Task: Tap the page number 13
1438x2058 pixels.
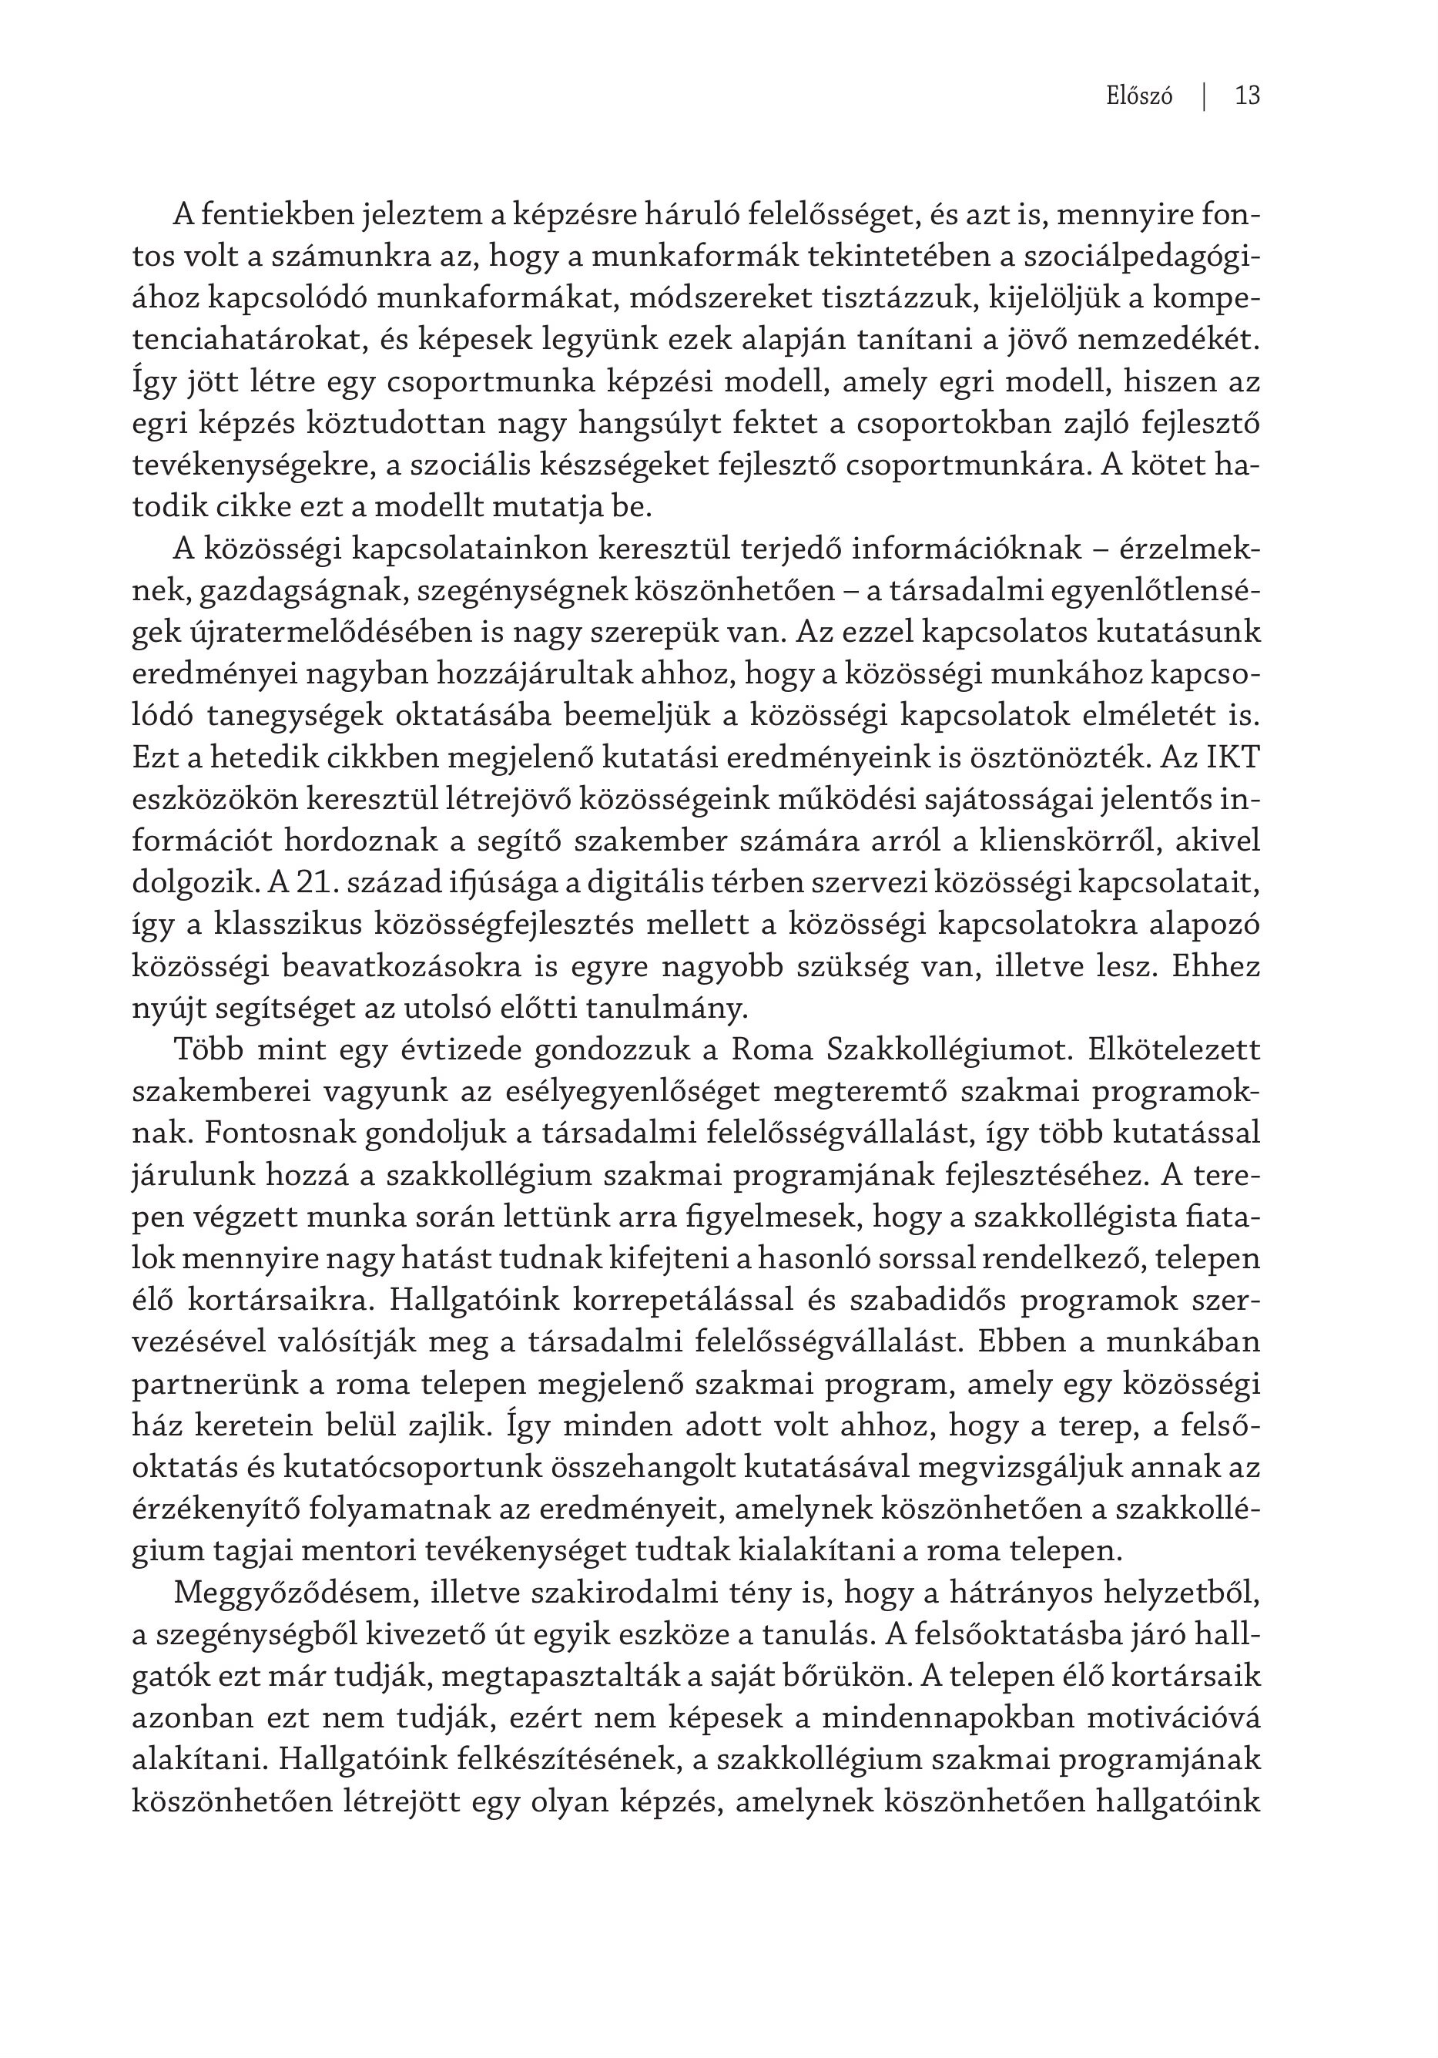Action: (1247, 96)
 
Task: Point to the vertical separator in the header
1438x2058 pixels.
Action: (1204, 96)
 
